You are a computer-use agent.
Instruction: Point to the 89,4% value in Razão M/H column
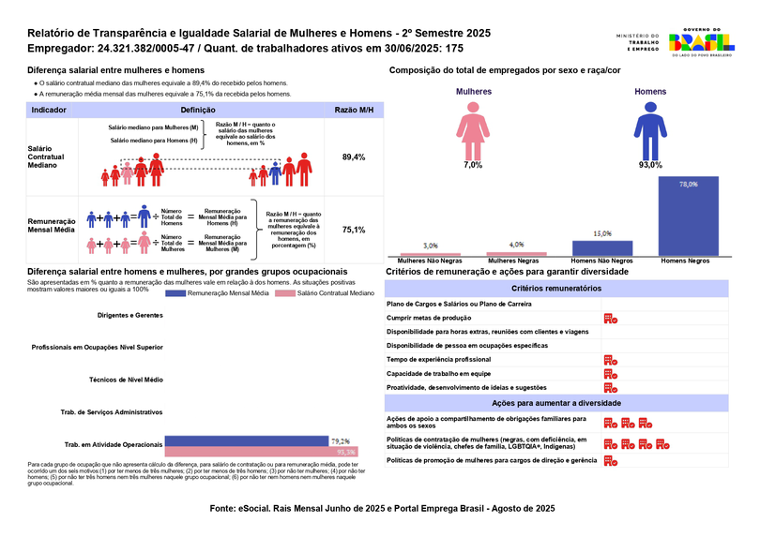coord(354,157)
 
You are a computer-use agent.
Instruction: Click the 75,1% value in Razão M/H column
coord(354,230)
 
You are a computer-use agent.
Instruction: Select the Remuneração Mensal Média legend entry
coord(215,294)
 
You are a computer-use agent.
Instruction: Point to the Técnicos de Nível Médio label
coord(126,380)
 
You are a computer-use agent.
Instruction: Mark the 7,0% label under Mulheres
coord(473,165)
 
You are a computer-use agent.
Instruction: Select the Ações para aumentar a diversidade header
coord(557,402)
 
